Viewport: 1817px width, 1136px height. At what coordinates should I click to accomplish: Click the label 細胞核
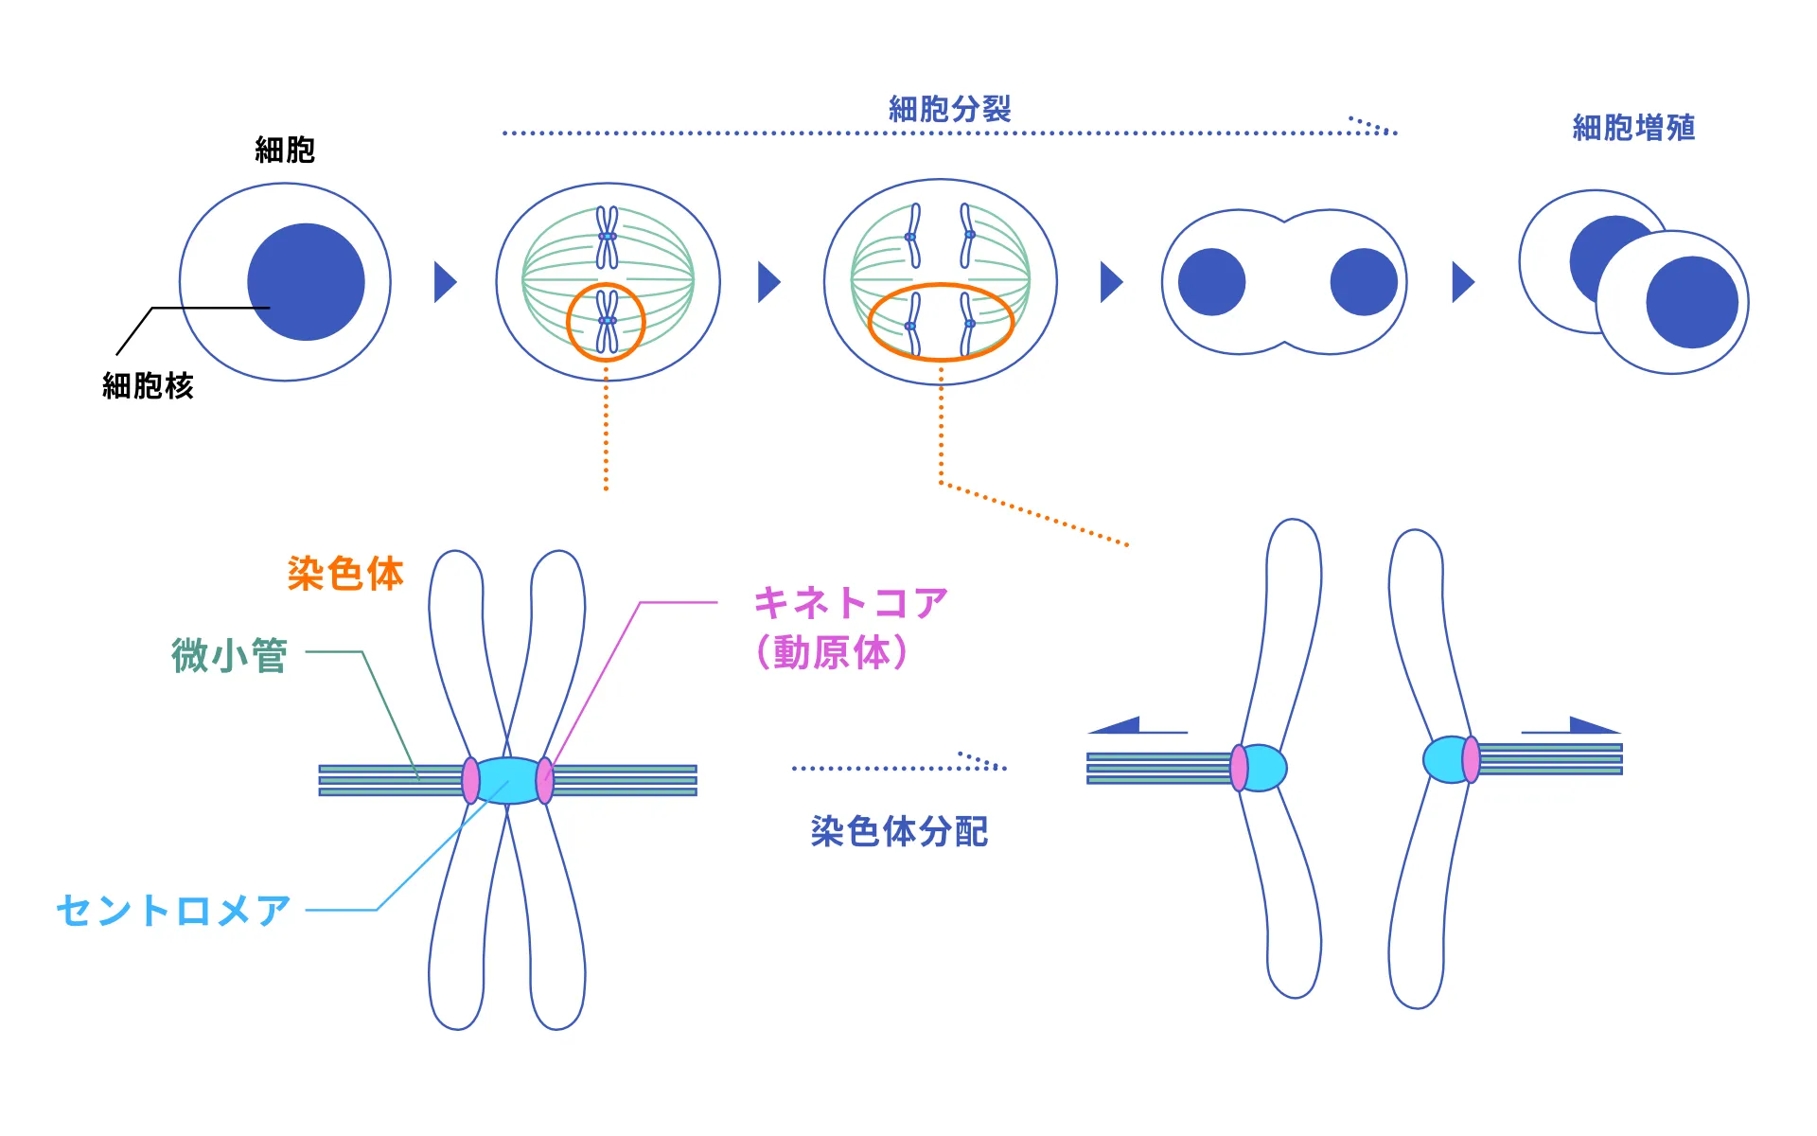point(148,386)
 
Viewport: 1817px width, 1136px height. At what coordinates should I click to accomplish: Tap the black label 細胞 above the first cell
point(285,150)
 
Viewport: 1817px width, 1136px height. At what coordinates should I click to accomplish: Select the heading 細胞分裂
point(949,109)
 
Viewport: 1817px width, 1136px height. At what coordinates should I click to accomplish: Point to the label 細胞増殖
point(1633,127)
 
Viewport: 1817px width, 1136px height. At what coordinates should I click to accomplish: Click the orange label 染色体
point(345,574)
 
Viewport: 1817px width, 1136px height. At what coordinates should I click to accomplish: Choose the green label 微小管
point(229,655)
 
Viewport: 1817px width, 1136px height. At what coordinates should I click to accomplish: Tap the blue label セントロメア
point(173,911)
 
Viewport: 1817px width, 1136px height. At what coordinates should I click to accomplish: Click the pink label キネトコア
point(850,603)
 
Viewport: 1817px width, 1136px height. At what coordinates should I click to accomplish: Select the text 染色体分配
point(899,831)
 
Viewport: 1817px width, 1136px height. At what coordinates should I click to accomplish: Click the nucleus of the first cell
point(306,282)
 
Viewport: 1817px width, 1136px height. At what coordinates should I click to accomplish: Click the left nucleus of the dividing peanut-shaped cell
point(1211,282)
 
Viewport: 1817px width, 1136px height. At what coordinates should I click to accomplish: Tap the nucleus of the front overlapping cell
point(1691,302)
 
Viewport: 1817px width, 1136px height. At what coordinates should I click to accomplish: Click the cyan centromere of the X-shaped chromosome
point(508,780)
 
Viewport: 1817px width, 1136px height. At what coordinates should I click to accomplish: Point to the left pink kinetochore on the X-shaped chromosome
point(470,780)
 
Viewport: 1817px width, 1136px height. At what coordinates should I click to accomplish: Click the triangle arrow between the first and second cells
point(445,282)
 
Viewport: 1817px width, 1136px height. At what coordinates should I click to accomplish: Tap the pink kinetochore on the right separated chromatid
point(1471,759)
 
